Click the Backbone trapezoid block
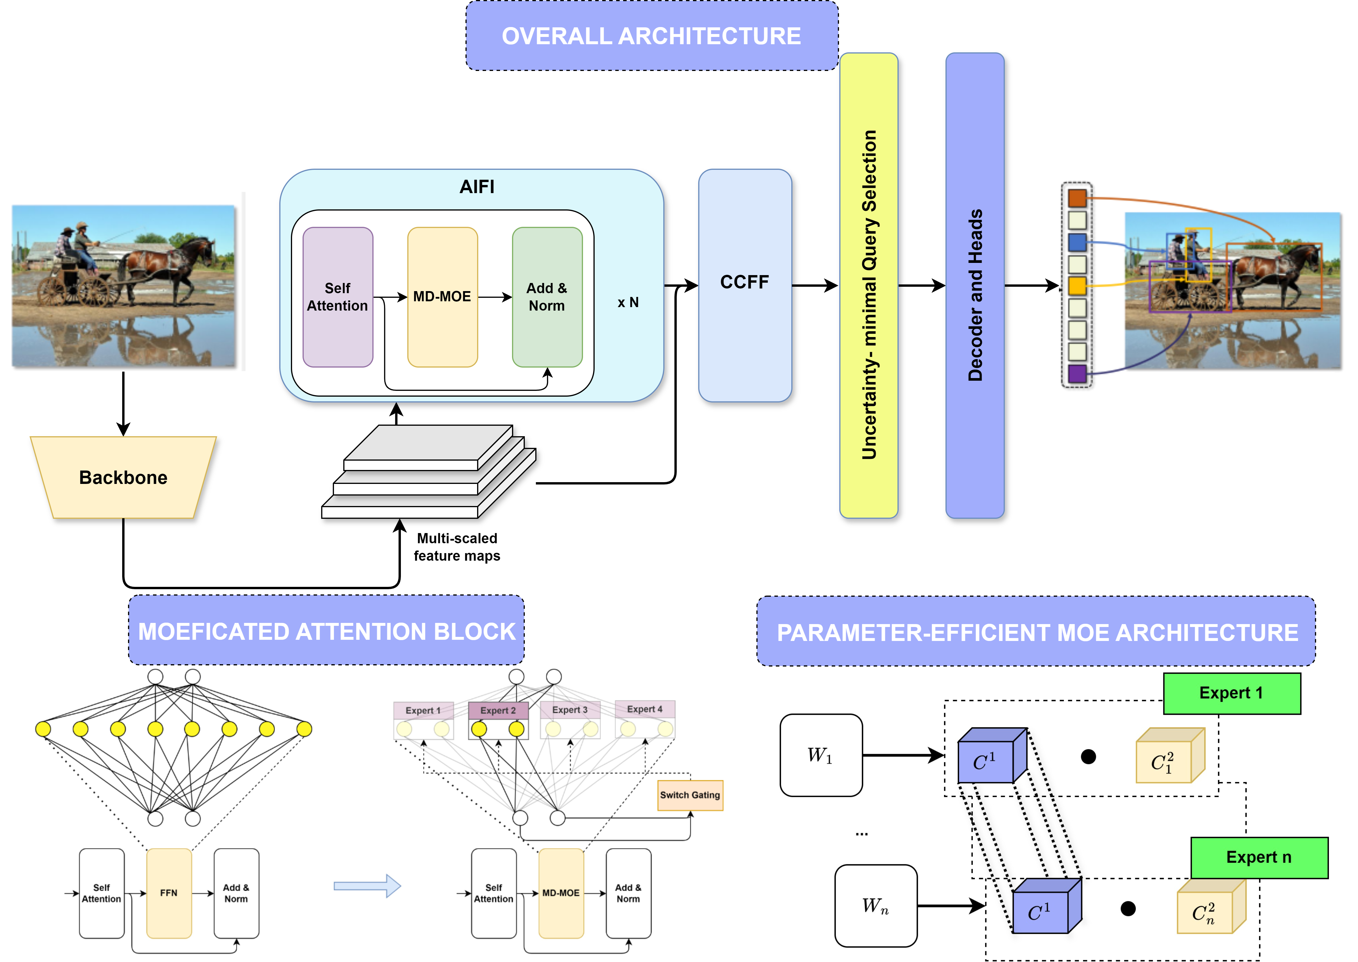coord(123,478)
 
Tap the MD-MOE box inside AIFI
coord(442,297)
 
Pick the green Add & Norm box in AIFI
coord(547,297)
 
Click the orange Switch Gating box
coord(690,795)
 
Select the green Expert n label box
coord(1259,857)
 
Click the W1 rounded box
coord(821,755)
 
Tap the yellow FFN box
coord(169,893)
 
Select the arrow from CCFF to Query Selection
coord(815,286)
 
